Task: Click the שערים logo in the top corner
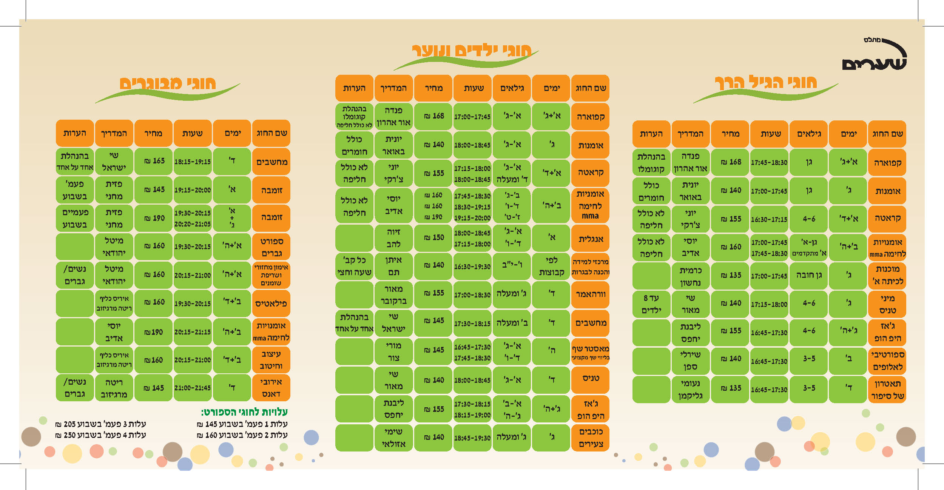(874, 56)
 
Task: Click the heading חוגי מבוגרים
(168, 83)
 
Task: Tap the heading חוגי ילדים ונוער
(472, 51)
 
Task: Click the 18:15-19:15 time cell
(192, 162)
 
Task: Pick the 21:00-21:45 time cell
(192, 388)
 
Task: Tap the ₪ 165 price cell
(153, 161)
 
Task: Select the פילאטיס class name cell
(271, 304)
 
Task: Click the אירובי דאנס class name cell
(271, 388)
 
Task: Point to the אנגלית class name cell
(591, 239)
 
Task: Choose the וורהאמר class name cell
(591, 294)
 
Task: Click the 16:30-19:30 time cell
(472, 267)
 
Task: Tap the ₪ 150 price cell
(433, 238)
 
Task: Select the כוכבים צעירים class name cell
(591, 438)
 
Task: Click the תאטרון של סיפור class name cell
(887, 390)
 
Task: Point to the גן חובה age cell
(809, 275)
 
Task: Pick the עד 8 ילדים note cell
(651, 304)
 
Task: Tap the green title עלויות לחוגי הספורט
(244, 412)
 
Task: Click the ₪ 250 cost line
(100, 435)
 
